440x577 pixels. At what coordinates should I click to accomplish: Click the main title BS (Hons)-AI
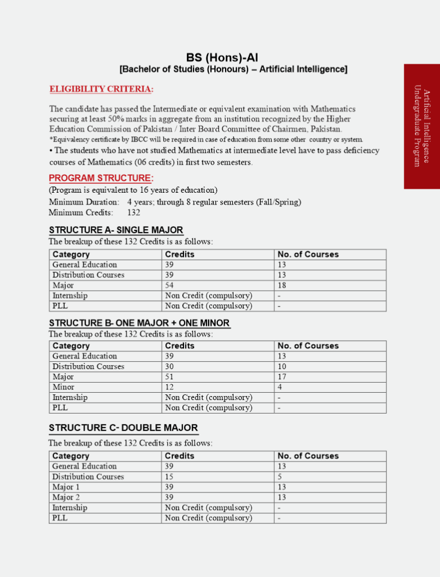[222, 57]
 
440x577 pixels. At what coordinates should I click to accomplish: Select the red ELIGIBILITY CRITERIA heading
[101, 89]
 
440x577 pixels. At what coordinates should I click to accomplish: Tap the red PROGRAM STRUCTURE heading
[101, 179]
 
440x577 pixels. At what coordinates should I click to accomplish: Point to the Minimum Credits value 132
[133, 212]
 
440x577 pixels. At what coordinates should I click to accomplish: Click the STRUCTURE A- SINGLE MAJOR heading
[116, 230]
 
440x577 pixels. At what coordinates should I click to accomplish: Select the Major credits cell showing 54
[169, 286]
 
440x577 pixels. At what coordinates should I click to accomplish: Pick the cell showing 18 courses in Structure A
[282, 286]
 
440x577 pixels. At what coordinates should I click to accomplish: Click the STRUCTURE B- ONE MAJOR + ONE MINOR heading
[140, 323]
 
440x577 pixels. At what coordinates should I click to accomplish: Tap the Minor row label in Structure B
[64, 387]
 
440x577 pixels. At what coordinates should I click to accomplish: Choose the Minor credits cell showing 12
[169, 387]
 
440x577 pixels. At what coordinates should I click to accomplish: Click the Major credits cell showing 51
[169, 377]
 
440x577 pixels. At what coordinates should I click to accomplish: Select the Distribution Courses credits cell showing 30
[169, 367]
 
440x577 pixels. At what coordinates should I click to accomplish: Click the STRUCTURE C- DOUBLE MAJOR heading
[123, 428]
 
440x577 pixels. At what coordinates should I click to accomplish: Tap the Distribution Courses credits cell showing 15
[169, 477]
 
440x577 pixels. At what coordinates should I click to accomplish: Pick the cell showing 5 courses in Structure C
[280, 477]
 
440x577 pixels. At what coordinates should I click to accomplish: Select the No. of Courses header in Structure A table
[308, 255]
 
